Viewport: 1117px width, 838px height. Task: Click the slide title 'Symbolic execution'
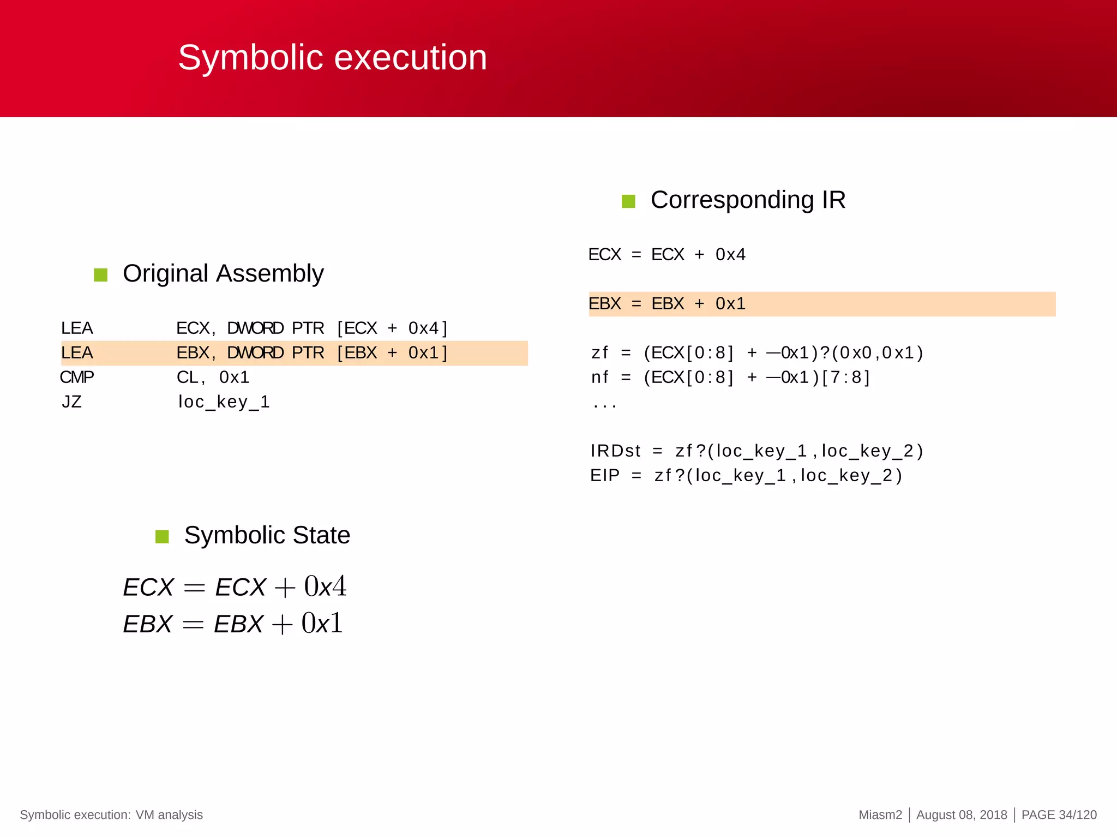click(332, 57)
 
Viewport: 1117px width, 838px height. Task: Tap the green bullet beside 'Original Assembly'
click(101, 274)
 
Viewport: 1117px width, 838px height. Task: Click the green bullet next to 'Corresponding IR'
click(628, 201)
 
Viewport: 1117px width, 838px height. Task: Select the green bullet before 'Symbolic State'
click(162, 536)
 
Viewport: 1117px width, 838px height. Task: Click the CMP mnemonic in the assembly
click(77, 377)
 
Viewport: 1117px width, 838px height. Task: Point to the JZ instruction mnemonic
click(71, 402)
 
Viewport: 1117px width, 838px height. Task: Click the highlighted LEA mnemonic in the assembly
click(77, 353)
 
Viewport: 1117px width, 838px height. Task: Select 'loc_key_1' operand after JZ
click(224, 402)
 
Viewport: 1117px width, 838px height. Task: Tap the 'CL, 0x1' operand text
click(213, 377)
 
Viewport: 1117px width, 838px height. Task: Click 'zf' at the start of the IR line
click(599, 353)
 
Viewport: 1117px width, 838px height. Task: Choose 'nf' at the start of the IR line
click(599, 378)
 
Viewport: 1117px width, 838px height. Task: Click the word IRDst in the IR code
click(615, 451)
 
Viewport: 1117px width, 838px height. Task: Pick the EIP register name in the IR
click(605, 476)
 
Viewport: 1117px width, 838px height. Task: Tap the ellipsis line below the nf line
click(604, 405)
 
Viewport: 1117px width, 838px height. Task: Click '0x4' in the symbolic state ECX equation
click(325, 586)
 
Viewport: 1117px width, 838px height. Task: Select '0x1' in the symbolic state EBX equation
click(322, 623)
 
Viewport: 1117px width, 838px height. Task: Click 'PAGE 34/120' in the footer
click(1059, 815)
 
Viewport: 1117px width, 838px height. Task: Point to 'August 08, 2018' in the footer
click(962, 815)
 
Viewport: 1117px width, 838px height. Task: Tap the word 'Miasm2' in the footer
click(880, 815)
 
